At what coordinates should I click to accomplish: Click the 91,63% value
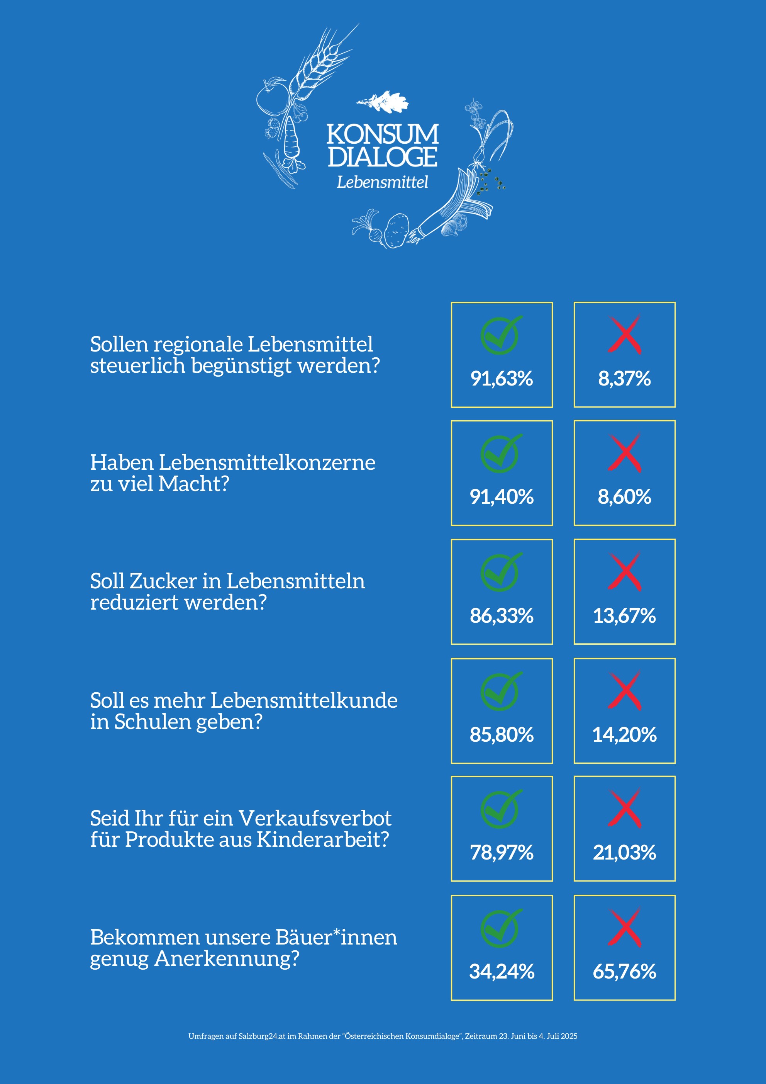point(501,379)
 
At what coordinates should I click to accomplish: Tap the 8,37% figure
point(624,379)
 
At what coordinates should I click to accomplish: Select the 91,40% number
point(501,497)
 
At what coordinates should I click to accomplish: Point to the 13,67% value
point(624,616)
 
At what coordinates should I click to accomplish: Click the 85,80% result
point(501,735)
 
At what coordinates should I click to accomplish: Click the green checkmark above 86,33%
point(501,572)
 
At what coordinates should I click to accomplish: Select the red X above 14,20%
point(624,691)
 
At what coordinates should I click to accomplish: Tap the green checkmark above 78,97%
point(501,809)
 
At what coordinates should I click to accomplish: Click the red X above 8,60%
point(624,453)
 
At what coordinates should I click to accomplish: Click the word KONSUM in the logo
point(382,134)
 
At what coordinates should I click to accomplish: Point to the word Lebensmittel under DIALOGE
point(382,182)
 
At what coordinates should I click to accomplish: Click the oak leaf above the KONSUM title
point(383,102)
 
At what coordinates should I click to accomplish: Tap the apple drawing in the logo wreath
point(271,98)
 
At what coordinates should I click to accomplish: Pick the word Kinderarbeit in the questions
point(323,839)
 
